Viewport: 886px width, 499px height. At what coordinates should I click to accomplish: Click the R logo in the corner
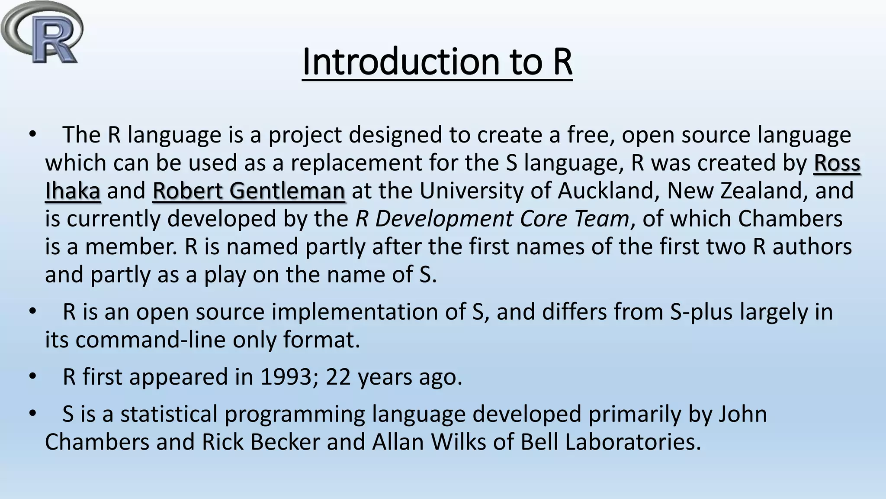[42, 32]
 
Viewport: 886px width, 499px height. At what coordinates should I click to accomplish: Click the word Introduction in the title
[401, 62]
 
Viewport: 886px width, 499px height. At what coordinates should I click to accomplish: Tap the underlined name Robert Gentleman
[249, 191]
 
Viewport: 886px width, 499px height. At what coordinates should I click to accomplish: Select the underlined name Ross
[837, 163]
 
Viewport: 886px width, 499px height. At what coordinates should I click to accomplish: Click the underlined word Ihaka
[73, 191]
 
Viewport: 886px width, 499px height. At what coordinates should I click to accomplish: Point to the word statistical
[169, 414]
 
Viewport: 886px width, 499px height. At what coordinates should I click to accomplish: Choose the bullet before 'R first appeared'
[33, 376]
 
